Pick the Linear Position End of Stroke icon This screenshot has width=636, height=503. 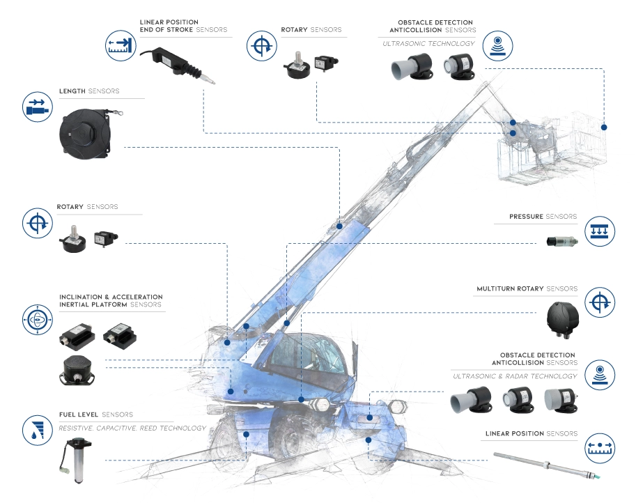120,46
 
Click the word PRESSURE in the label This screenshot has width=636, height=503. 526,217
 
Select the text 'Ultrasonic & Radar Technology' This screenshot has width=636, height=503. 515,376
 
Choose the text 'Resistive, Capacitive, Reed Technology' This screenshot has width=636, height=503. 132,428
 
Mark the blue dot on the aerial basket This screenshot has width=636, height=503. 604,127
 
